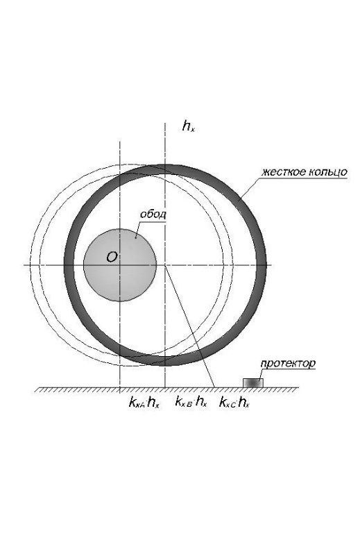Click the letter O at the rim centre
click(112, 257)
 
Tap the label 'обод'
click(153, 214)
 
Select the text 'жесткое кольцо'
click(305, 172)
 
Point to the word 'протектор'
click(288, 364)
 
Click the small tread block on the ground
click(253, 383)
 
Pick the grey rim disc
click(120, 265)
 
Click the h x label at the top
click(188, 126)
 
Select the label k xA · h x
click(144, 402)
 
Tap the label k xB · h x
click(191, 401)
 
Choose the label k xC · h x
click(234, 402)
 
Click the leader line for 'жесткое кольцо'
click(249, 188)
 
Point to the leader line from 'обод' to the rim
click(138, 228)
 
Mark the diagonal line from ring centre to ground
click(189, 326)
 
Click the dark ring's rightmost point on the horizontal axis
click(266, 265)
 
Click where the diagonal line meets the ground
click(214, 388)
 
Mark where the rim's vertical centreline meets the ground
click(120, 388)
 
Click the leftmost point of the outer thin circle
click(30, 265)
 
